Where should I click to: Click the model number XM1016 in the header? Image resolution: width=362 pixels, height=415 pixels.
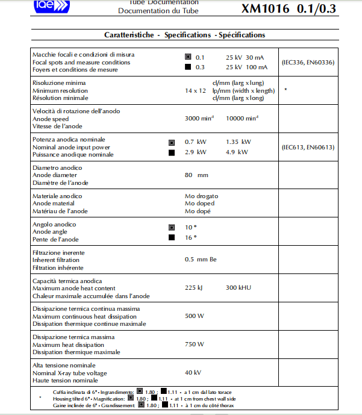266,8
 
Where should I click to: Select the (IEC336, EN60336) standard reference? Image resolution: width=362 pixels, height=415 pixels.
308,62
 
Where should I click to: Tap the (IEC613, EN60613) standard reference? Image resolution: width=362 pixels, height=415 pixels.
308,147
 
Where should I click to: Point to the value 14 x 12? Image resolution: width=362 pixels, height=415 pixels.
195,90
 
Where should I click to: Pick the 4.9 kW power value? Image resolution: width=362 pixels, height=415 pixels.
237,152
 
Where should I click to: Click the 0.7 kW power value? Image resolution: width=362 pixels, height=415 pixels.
195,142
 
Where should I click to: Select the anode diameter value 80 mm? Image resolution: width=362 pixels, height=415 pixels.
196,175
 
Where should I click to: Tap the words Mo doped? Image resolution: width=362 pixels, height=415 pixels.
199,204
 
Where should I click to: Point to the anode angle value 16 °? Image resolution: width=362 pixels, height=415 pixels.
191,238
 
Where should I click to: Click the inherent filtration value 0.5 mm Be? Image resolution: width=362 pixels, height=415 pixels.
201,260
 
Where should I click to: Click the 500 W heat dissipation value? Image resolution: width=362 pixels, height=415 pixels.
194,316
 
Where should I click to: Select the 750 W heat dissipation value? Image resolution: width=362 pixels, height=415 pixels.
194,345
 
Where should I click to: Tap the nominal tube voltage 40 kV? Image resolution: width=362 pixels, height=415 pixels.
193,373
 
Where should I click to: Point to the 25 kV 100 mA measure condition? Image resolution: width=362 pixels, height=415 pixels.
246,67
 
